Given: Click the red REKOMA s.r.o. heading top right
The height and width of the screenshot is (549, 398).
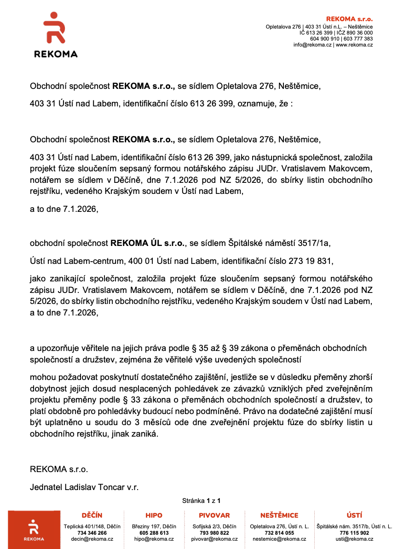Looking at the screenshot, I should [x=349, y=19].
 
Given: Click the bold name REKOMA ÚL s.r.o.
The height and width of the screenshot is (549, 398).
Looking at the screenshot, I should [x=148, y=243].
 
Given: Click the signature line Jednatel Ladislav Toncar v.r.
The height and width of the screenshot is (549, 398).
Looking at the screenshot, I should [x=84, y=486].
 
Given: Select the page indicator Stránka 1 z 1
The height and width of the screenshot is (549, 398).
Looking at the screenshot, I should [x=202, y=500].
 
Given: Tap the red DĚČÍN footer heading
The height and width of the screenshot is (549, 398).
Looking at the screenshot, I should [x=92, y=515].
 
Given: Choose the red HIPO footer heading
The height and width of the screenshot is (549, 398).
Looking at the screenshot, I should [x=154, y=515].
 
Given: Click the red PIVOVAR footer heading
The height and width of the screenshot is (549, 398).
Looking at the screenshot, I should [x=214, y=515].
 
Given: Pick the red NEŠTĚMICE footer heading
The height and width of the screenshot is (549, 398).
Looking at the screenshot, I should [x=279, y=515].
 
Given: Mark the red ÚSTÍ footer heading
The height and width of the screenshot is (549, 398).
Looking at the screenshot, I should [x=354, y=515].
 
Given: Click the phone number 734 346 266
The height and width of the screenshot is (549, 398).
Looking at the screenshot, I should [x=92, y=533].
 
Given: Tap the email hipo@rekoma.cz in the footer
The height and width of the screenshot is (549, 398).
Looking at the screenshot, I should [x=154, y=539].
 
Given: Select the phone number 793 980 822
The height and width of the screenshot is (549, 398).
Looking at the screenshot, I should [x=214, y=533].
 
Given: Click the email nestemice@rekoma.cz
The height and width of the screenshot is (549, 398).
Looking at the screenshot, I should [x=279, y=539].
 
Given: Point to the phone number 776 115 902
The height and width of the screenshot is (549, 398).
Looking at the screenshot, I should [x=354, y=533].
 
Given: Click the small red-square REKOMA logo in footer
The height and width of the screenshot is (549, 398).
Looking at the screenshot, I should [x=34, y=530].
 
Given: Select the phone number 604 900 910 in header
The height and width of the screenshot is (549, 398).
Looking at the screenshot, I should [x=324, y=39].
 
